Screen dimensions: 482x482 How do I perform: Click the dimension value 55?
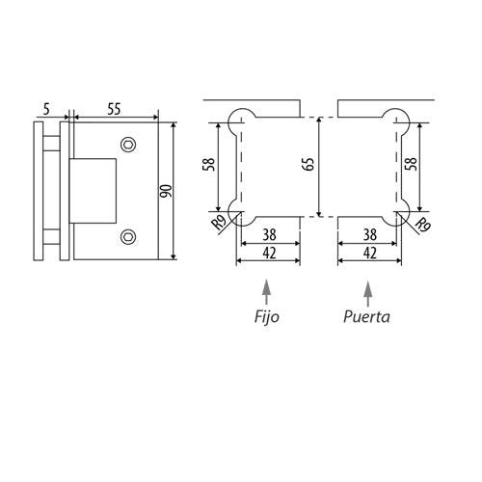click(114, 109)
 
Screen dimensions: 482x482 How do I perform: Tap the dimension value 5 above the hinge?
click(47, 109)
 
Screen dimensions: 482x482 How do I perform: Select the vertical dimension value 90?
click(167, 191)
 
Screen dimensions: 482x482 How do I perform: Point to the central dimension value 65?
click(308, 164)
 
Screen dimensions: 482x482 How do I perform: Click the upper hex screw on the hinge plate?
click(128, 145)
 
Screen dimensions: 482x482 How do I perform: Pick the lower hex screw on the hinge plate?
click(128, 237)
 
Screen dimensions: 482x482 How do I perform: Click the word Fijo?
click(267, 317)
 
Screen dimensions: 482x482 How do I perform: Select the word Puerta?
click(366, 317)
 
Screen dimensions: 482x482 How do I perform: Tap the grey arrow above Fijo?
click(266, 292)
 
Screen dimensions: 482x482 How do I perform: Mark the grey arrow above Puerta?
click(368, 293)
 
